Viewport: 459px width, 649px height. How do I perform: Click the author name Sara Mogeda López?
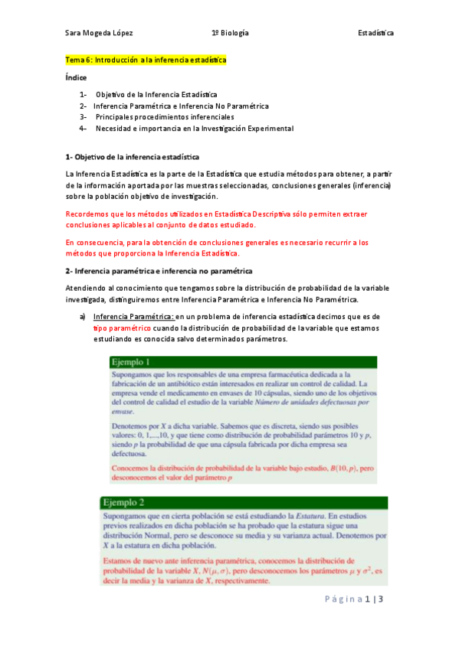tap(100, 33)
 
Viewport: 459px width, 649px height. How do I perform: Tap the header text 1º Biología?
tap(230, 33)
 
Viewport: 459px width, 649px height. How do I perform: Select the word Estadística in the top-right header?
tap(375, 33)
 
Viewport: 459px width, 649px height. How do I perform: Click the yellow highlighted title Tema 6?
tap(146, 60)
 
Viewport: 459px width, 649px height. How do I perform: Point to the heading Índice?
tap(76, 77)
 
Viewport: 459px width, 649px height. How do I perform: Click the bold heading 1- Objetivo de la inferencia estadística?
tap(133, 156)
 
